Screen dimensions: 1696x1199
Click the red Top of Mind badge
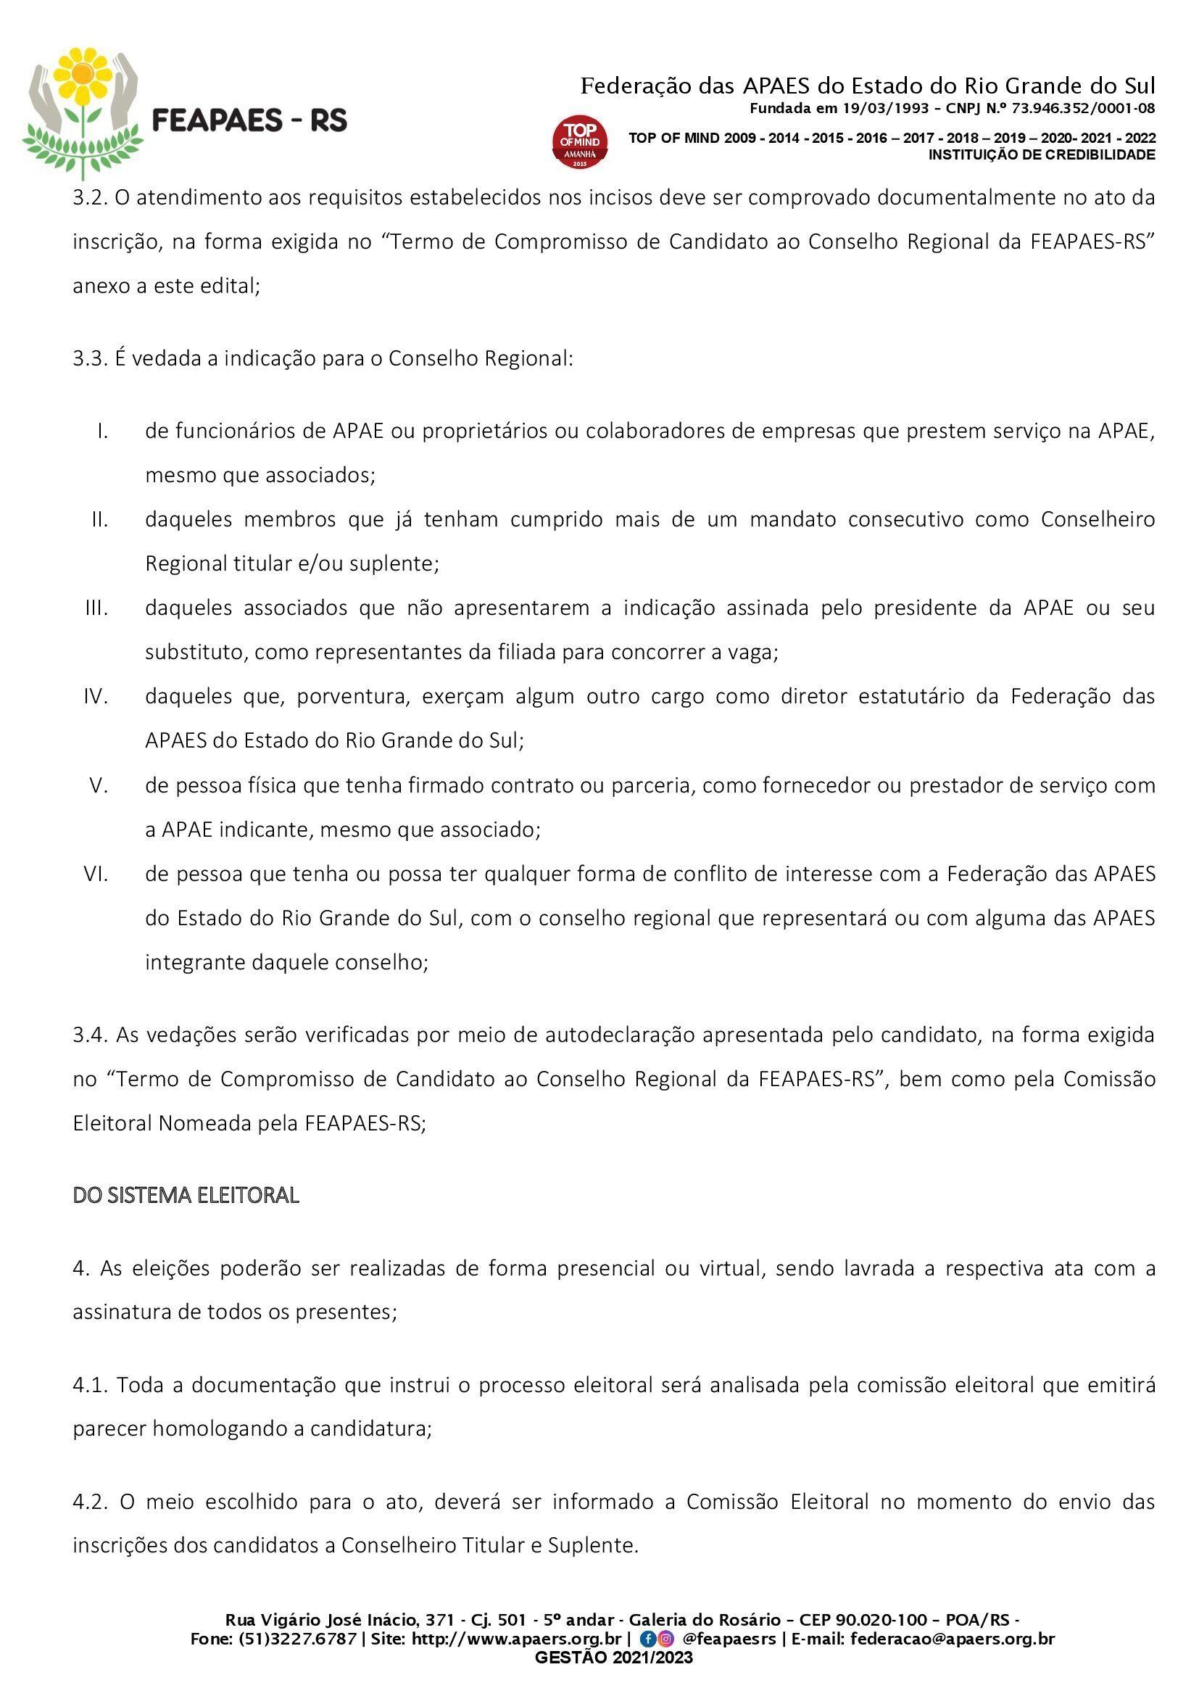[581, 141]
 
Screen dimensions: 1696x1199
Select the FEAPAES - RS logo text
[249, 120]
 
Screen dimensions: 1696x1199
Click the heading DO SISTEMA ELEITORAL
[186, 1195]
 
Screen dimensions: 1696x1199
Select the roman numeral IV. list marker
[96, 697]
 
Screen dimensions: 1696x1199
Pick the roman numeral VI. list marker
[96, 874]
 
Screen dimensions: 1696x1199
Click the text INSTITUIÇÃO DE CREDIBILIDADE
[1042, 155]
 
